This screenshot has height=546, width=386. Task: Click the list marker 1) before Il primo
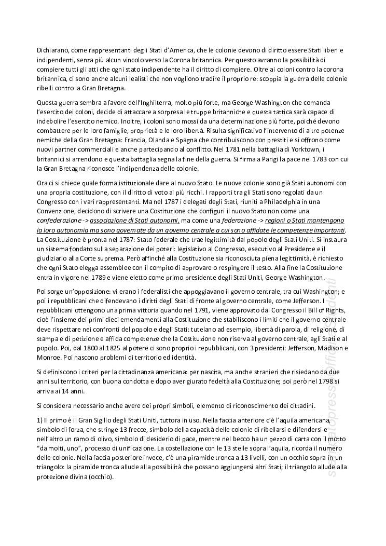[40, 420]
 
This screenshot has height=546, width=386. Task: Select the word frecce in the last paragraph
[179, 429]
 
